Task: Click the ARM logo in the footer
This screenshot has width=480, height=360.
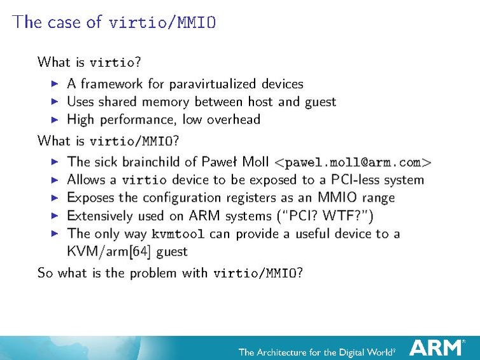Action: click(437, 348)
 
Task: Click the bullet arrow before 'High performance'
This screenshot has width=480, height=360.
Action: click(54, 120)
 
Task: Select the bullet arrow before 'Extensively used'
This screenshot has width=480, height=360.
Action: click(54, 216)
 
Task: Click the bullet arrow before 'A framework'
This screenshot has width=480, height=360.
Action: click(54, 83)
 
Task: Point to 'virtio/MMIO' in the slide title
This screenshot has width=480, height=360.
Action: click(162, 23)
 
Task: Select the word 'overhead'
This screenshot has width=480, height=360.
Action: click(233, 120)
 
